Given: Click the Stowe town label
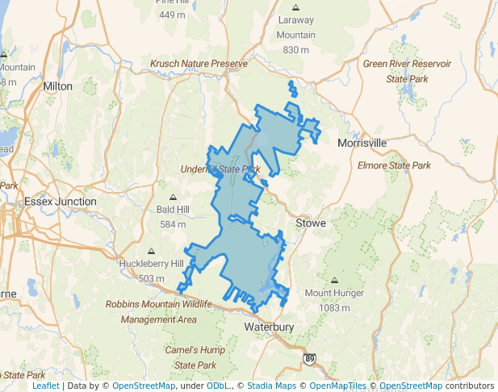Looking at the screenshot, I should pyautogui.click(x=311, y=223).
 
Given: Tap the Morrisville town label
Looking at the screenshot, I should pyautogui.click(x=362, y=143).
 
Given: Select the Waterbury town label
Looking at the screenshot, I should pyautogui.click(x=270, y=327).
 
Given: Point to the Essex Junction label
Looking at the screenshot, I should pyautogui.click(x=61, y=201).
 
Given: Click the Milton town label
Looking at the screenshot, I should pyautogui.click(x=57, y=85).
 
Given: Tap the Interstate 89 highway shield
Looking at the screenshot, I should pyautogui.click(x=310, y=357).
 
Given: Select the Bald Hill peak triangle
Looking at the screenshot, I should pyautogui.click(x=173, y=196).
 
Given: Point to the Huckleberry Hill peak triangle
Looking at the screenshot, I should pyautogui.click(x=152, y=250).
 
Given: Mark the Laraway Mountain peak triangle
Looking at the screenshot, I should pyautogui.click(x=296, y=7).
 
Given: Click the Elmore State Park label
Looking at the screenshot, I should pyautogui.click(x=394, y=165).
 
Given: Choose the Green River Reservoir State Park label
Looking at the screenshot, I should pyautogui.click(x=408, y=71).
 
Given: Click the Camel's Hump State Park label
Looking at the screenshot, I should pyautogui.click(x=185, y=358).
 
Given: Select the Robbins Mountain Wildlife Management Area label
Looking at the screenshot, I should pyautogui.click(x=159, y=311).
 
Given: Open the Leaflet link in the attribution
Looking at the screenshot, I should pyautogui.click(x=45, y=386).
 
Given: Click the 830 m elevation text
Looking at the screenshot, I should pyautogui.click(x=296, y=50).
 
